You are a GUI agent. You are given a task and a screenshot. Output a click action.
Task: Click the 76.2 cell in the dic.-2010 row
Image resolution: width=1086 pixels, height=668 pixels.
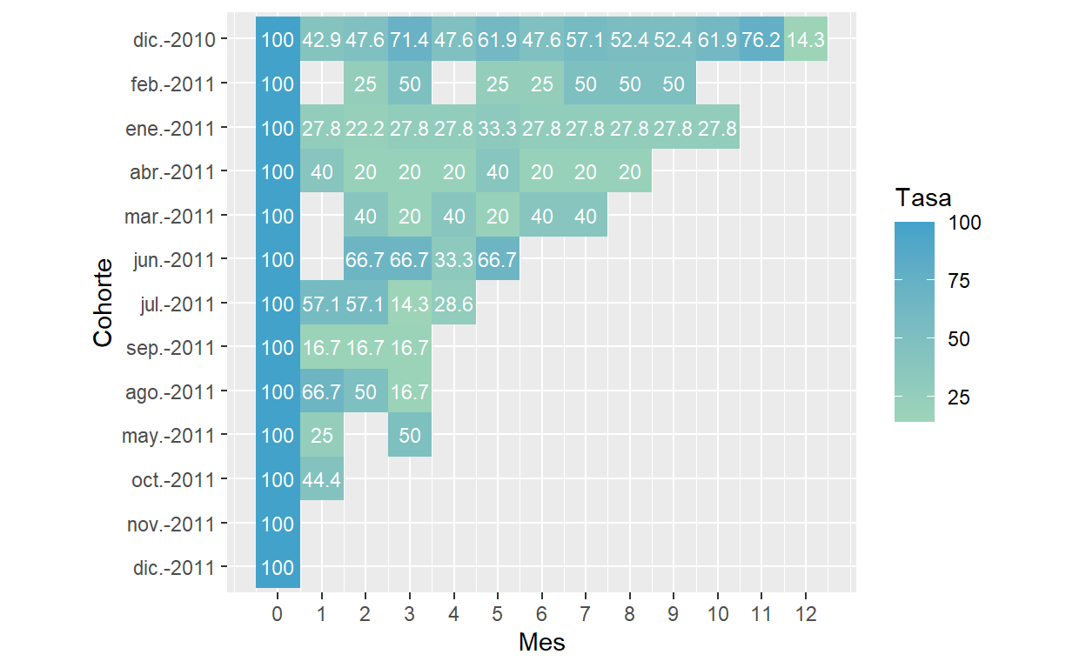[761, 40]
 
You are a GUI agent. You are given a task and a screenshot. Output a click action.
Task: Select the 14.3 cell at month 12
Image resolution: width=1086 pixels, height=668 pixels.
[806, 40]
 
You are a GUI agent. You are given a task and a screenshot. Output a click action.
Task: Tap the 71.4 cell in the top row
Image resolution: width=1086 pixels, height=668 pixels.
[410, 40]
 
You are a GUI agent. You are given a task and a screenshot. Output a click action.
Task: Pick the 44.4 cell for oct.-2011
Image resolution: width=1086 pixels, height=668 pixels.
[322, 479]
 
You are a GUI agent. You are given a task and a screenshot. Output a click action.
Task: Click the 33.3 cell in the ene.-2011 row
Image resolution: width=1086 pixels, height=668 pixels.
[498, 128]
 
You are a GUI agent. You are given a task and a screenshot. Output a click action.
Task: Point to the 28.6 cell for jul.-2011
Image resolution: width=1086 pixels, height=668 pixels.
[453, 304]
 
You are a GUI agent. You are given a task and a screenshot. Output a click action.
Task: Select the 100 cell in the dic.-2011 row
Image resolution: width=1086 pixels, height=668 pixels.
[278, 568]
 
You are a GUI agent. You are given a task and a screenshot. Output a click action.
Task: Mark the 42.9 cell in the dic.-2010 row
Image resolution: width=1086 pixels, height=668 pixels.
[322, 40]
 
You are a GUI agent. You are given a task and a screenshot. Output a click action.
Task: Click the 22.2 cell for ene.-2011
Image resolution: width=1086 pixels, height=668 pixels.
[365, 128]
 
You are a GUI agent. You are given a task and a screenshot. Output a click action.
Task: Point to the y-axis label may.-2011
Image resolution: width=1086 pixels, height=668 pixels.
[169, 435]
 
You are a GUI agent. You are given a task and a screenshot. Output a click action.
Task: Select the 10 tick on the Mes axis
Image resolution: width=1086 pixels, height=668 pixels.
[718, 614]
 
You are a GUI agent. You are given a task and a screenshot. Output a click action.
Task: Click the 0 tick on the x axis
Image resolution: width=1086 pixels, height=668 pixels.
[278, 614]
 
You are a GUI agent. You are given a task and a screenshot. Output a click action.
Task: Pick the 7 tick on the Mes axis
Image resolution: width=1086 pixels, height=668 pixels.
[586, 614]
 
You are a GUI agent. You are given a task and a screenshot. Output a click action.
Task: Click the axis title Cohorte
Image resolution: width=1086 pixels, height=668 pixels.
[104, 303]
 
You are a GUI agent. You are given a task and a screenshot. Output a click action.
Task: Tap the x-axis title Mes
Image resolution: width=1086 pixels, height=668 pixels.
[541, 643]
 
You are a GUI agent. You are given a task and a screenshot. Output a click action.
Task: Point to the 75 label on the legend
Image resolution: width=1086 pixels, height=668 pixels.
[959, 282]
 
